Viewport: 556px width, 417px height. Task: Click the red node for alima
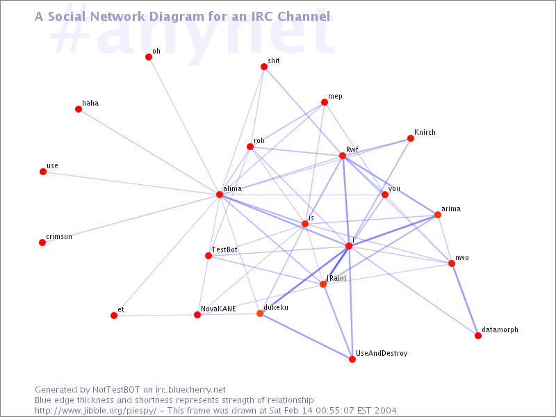pyautogui.click(x=220, y=195)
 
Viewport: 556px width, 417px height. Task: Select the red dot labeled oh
pyautogui.click(x=149, y=57)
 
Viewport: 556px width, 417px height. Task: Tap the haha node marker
pyautogui.click(x=79, y=109)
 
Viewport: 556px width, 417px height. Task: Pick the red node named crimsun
pyautogui.click(x=42, y=243)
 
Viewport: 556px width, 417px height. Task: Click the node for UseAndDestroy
pyautogui.click(x=352, y=359)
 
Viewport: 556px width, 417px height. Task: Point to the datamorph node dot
pyautogui.click(x=478, y=336)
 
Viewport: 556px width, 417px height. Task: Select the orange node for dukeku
pyautogui.click(x=260, y=313)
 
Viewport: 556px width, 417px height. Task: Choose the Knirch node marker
pyautogui.click(x=411, y=138)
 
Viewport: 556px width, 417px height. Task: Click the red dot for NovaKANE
pyautogui.click(x=197, y=315)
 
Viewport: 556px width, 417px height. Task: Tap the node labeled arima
pyautogui.click(x=438, y=215)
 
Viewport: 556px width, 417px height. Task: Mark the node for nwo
pyautogui.click(x=452, y=263)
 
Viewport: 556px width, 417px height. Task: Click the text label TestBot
pyautogui.click(x=224, y=250)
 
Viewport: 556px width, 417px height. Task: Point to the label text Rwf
pyautogui.click(x=352, y=149)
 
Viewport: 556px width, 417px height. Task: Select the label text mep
pyautogui.click(x=335, y=96)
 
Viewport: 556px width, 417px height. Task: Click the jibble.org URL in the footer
pyautogui.click(x=96, y=410)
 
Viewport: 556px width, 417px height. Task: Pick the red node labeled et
pyautogui.click(x=114, y=316)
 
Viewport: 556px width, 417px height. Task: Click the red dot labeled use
pyautogui.click(x=43, y=172)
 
